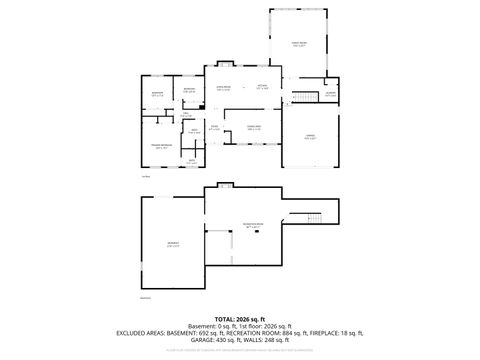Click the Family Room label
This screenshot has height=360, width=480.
click(298, 44)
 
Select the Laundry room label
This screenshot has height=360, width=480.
click(330, 96)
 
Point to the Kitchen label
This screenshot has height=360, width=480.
click(262, 87)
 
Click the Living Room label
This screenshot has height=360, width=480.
click(224, 87)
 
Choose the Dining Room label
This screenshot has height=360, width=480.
click(255, 128)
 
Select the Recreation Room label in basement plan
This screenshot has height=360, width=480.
click(252, 225)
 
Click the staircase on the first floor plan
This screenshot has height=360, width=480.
click(297, 96)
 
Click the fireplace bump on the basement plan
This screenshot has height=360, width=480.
click(224, 186)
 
